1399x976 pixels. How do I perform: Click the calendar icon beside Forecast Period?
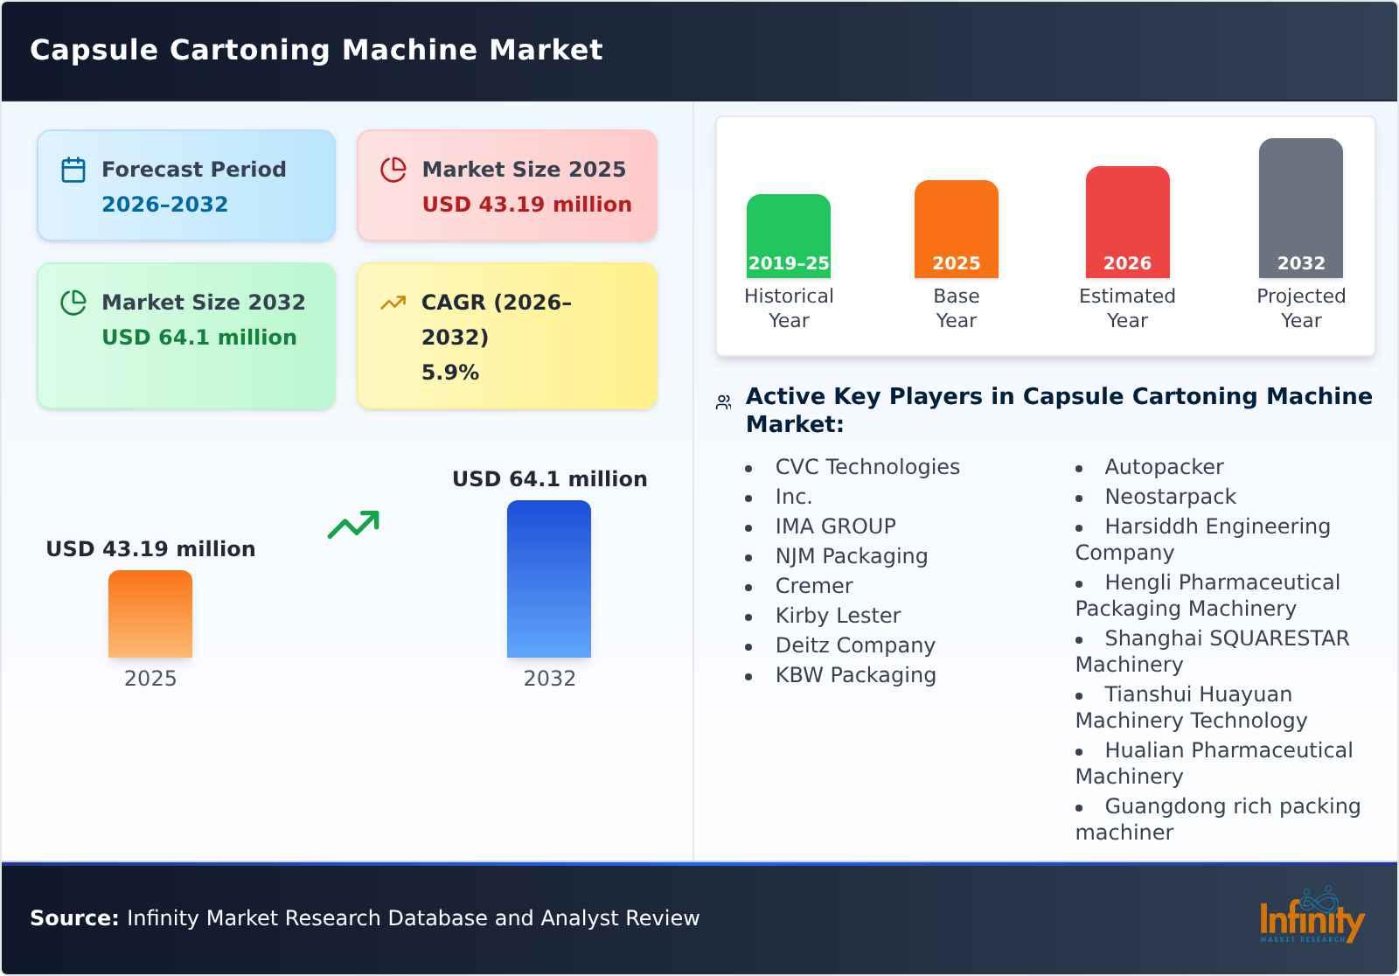pos(73,170)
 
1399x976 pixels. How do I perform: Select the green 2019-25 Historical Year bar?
pos(788,236)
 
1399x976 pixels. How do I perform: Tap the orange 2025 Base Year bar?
pos(956,229)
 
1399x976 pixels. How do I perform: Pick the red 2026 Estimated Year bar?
pos(1127,222)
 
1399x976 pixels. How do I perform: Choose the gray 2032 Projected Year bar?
pos(1300,208)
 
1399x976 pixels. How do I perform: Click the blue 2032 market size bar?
pos(549,579)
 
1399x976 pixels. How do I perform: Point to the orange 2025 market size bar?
pos(150,614)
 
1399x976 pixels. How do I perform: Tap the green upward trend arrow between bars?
pos(353,525)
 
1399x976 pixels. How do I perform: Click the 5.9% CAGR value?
pos(450,373)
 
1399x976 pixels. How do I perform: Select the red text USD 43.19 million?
pos(526,205)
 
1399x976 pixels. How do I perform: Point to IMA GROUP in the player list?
pos(835,526)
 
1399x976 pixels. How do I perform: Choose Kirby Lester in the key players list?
pos(838,616)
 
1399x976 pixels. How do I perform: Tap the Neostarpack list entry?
pos(1170,497)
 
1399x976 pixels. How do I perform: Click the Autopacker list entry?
pos(1164,467)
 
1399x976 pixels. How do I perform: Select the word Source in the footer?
pos(74,918)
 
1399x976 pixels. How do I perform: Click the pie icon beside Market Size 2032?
pos(73,303)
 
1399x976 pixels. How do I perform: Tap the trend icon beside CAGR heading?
pos(393,303)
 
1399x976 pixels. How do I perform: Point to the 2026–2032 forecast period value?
pos(164,205)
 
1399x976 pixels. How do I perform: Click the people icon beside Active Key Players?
pos(723,402)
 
